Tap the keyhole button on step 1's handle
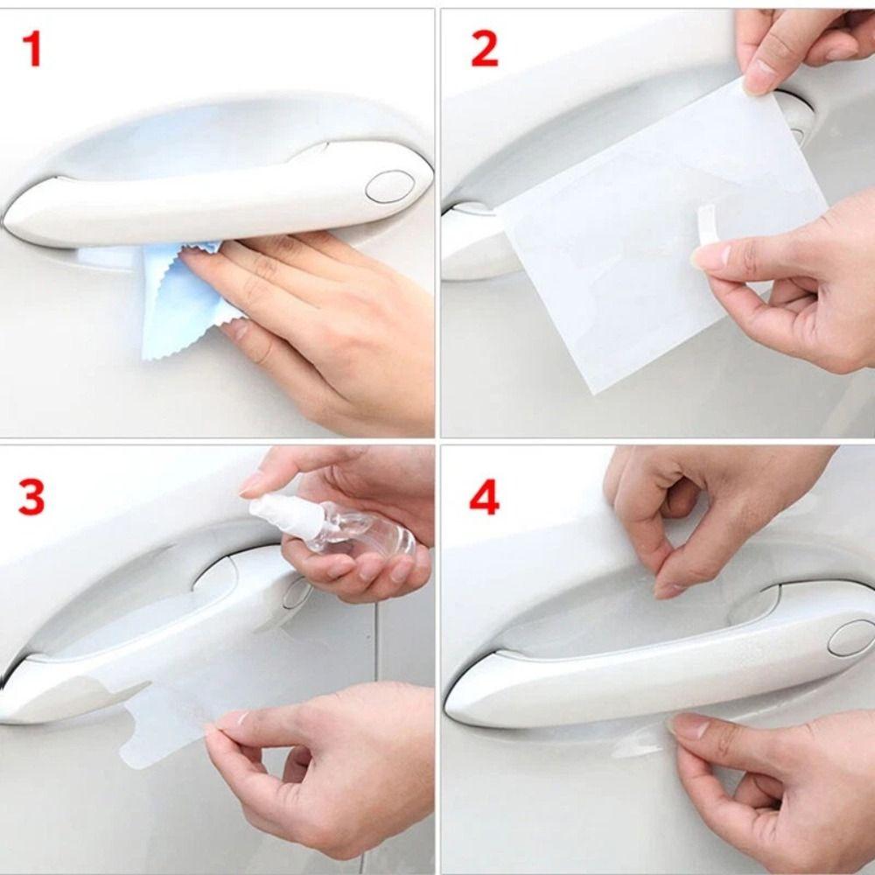[x=389, y=185]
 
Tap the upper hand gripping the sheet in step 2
[x=787, y=44]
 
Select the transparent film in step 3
[x=166, y=726]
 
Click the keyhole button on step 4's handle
[x=849, y=637]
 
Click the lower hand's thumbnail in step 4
[x=689, y=725]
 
